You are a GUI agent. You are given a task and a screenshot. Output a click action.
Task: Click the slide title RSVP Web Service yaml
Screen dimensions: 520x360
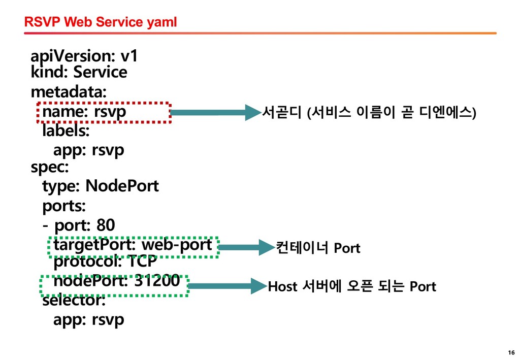click(x=101, y=22)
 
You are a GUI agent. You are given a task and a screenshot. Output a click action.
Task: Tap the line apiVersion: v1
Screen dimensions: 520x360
click(x=84, y=56)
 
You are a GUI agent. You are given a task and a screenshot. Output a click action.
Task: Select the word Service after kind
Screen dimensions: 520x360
click(x=100, y=72)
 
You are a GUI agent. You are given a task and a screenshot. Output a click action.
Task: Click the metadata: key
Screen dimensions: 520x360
click(x=69, y=91)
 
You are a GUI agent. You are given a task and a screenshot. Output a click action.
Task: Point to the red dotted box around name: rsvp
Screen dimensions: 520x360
click(x=104, y=103)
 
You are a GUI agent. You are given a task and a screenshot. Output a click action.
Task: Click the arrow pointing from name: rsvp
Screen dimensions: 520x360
click(x=215, y=112)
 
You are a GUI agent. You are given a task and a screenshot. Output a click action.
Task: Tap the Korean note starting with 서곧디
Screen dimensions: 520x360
click(x=369, y=112)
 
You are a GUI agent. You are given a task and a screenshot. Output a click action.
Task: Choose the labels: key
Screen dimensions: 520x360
click(x=66, y=130)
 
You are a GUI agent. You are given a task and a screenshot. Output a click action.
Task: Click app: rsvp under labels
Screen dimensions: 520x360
click(x=89, y=150)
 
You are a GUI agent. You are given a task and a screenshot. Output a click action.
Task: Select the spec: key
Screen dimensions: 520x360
click(x=50, y=167)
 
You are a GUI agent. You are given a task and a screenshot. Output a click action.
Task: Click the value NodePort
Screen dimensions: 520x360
click(x=122, y=186)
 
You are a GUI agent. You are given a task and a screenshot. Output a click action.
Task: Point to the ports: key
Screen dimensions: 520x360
click(x=64, y=206)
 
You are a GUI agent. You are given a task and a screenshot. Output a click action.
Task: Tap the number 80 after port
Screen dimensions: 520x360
click(x=106, y=225)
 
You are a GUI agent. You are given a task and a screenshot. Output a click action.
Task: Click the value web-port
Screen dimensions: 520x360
click(x=177, y=245)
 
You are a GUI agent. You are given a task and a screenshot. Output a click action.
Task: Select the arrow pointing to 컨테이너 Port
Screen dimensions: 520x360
click(x=247, y=247)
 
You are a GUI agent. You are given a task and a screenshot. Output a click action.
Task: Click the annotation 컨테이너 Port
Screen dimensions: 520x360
click(x=318, y=248)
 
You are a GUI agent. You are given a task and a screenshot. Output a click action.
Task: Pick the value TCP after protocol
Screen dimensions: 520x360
click(x=142, y=261)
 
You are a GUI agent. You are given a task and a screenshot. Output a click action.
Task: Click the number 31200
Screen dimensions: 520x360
click(x=157, y=281)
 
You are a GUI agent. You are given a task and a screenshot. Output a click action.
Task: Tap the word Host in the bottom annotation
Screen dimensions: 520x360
click(x=282, y=286)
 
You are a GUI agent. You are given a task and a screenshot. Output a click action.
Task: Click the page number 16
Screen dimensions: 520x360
click(x=511, y=352)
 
